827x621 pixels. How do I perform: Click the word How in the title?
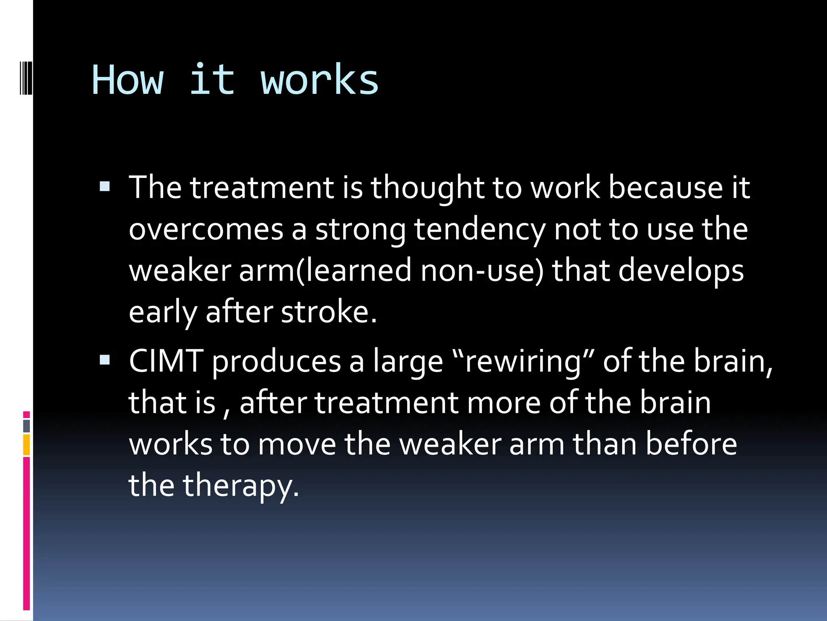(128, 80)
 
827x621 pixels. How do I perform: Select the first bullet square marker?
(105, 186)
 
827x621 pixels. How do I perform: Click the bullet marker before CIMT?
(105, 359)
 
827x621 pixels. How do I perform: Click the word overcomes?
(206, 229)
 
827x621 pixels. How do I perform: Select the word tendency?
(480, 229)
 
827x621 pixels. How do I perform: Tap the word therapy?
(241, 485)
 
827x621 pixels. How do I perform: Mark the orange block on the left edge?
(27, 445)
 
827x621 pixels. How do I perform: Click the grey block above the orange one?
(27, 426)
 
